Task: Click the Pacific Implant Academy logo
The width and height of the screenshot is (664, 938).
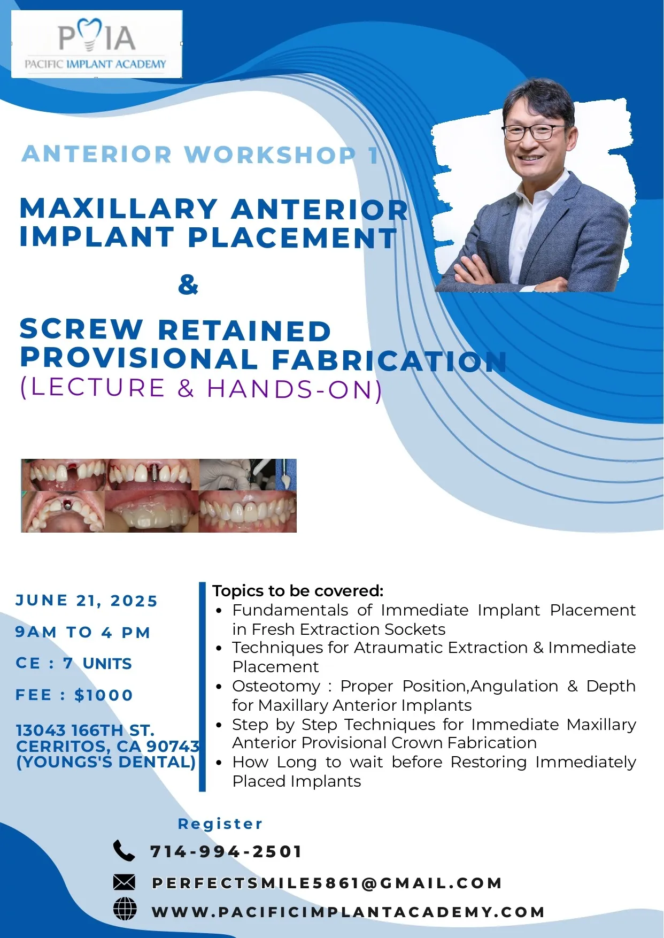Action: [96, 44]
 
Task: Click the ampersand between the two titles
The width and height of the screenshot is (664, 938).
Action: [188, 285]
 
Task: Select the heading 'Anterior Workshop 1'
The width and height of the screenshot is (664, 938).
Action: [200, 155]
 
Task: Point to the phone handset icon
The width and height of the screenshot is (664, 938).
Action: [124, 850]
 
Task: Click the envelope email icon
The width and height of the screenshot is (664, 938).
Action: [124, 882]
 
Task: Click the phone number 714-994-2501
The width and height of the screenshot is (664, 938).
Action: [226, 851]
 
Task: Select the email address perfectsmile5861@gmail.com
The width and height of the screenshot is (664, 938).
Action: [327, 883]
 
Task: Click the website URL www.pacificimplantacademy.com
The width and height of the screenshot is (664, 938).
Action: [348, 912]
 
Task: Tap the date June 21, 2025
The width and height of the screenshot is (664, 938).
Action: [87, 601]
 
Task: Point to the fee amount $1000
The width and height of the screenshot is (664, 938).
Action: [104, 695]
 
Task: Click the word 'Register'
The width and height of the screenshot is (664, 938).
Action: [220, 824]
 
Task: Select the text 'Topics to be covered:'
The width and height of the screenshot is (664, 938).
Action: [298, 591]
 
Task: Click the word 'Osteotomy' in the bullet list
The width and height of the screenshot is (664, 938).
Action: [276, 686]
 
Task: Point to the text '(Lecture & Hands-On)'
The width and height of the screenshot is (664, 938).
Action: [201, 389]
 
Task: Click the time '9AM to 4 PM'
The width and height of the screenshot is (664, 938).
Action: [83, 632]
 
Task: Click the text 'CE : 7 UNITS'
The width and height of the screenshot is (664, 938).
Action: [74, 664]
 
